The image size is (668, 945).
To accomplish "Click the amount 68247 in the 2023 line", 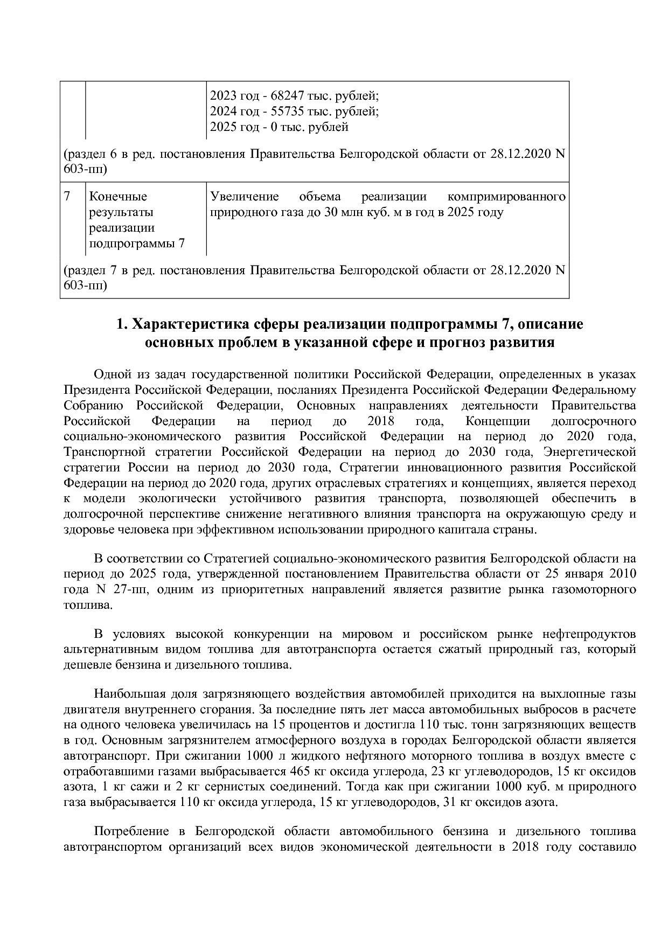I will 286,96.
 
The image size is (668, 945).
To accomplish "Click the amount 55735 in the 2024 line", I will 286,112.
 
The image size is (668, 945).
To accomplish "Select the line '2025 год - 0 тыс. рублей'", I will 279,127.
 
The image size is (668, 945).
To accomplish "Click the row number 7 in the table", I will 67,196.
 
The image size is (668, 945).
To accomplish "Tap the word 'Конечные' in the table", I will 117,196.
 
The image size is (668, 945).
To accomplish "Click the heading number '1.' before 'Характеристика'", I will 122,325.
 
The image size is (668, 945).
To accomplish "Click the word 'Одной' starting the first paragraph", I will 111,374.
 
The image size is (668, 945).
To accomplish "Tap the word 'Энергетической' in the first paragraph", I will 590,451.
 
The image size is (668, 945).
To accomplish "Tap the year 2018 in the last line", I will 525,847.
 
